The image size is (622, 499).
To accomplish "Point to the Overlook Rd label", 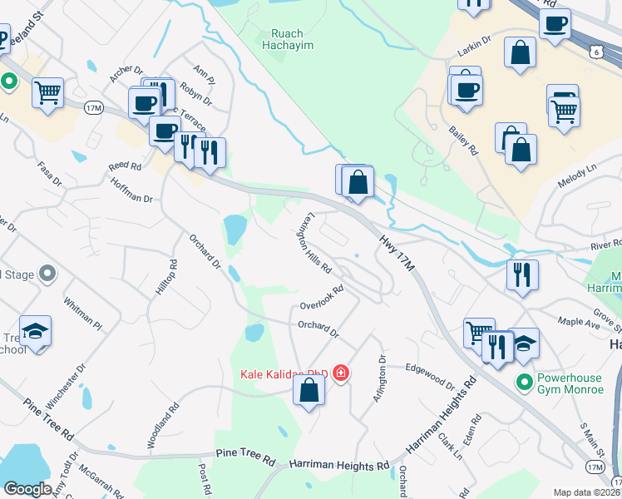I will [322, 298].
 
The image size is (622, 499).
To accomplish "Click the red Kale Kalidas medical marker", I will [340, 373].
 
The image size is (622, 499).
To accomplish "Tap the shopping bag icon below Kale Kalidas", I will [309, 389].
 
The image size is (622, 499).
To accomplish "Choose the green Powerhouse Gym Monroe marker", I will [524, 383].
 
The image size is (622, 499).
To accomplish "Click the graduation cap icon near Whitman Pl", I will [36, 332].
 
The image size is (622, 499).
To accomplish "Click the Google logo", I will [27, 489].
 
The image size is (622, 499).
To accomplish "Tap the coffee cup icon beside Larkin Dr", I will [554, 22].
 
